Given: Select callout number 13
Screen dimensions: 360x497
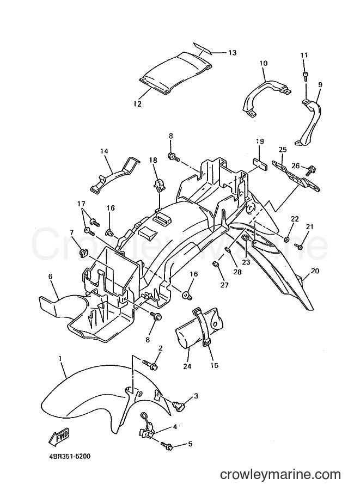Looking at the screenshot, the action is [232, 52].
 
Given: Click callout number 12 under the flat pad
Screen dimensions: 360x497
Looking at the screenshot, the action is [137, 103].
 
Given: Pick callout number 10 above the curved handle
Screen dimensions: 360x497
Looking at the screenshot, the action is [264, 63].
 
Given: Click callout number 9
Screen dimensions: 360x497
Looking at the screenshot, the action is [320, 84].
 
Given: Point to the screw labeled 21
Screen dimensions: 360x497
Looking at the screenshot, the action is [299, 246].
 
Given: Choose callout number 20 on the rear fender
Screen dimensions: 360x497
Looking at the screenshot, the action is [315, 271].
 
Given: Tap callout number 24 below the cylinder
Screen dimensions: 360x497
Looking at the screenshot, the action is [187, 366].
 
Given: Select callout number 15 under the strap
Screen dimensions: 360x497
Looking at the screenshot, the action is [215, 365].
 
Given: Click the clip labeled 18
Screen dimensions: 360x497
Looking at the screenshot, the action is [158, 185].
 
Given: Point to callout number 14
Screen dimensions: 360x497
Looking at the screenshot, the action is [105, 151].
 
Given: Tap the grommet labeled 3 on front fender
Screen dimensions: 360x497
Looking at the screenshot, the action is [179, 405].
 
